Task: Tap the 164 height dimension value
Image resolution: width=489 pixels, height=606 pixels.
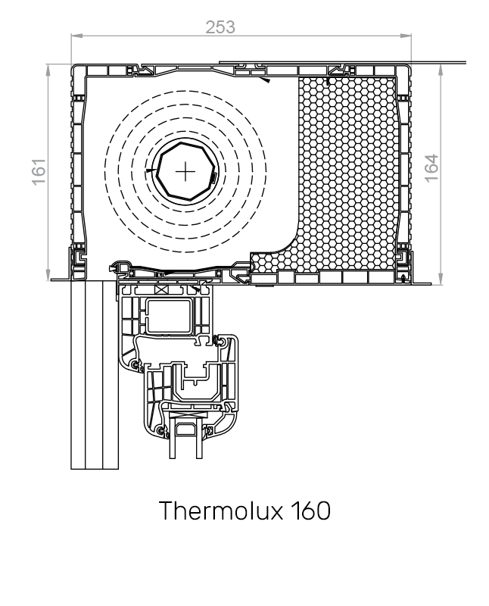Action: [431, 168]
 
